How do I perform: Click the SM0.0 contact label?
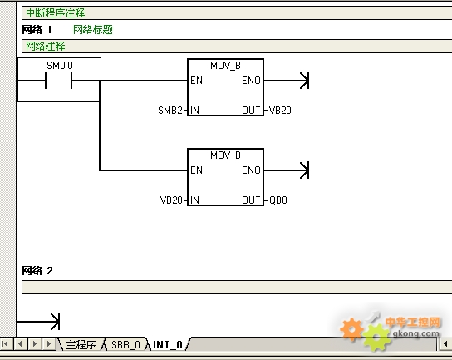click(x=60, y=66)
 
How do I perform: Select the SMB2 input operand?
click(x=170, y=111)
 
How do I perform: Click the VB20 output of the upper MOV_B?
click(x=280, y=111)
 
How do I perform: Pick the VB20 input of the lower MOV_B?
click(x=171, y=200)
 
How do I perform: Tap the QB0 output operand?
click(x=278, y=200)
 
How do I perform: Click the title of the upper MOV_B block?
click(x=225, y=66)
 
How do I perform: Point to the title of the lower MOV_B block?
click(x=225, y=155)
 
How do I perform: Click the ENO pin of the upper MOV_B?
click(x=252, y=81)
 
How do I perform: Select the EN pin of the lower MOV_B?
click(x=197, y=170)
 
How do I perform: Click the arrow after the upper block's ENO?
click(x=287, y=81)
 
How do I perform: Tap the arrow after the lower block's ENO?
click(x=287, y=170)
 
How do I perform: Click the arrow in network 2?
click(x=38, y=322)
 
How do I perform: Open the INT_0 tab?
click(x=168, y=345)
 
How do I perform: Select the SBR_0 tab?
click(x=125, y=345)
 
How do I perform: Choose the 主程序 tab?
click(x=81, y=345)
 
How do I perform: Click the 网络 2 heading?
click(x=37, y=270)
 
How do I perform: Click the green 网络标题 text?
click(x=93, y=29)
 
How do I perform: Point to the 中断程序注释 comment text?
click(x=56, y=13)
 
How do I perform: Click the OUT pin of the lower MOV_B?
click(x=251, y=200)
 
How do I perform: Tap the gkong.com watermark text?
click(x=416, y=333)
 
